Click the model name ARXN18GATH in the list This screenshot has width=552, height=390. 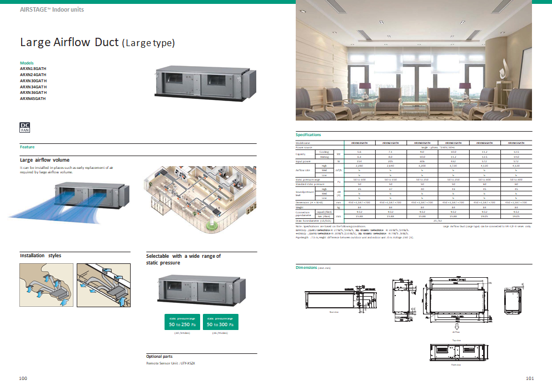point(33,69)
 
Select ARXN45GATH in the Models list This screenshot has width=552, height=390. point(33,98)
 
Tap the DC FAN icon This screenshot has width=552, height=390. point(25,127)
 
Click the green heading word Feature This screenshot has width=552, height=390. point(27,147)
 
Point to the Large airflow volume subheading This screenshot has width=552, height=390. point(44,160)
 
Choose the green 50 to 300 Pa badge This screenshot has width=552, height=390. point(221,322)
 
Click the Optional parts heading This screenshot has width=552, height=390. point(162,357)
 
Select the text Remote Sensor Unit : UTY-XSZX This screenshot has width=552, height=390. point(171,363)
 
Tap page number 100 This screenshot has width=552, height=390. point(23,378)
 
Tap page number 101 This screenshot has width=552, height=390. point(529,378)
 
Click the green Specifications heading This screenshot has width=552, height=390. point(308,135)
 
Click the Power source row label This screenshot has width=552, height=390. point(305,147)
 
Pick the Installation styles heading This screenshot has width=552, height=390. point(41,256)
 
